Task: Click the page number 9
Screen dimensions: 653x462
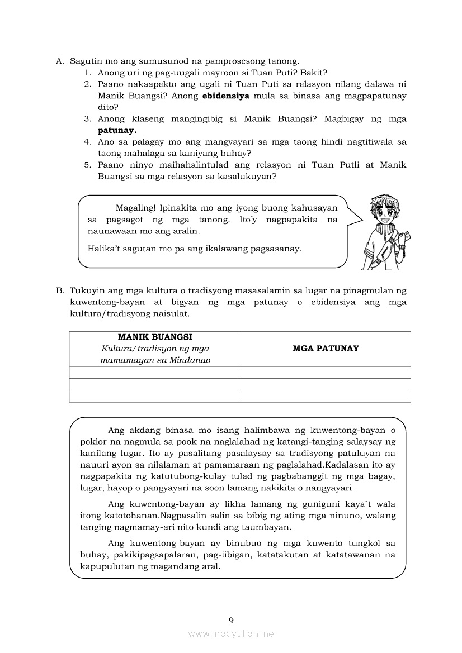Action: pyautogui.click(x=231, y=619)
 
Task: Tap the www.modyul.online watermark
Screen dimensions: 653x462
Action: pyautogui.click(x=231, y=633)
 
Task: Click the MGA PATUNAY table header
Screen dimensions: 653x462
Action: pyautogui.click(x=326, y=349)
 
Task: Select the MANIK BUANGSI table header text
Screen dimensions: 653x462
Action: pyautogui.click(x=155, y=337)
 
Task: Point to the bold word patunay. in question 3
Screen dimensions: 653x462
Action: pyautogui.click(x=117, y=130)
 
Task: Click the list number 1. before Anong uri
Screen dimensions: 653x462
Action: pyautogui.click(x=88, y=73)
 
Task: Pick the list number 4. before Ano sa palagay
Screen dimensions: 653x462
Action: pyautogui.click(x=88, y=142)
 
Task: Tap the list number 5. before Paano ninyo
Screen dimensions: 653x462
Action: pyautogui.click(x=88, y=165)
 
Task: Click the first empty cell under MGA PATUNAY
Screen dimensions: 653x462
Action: pyautogui.click(x=326, y=373)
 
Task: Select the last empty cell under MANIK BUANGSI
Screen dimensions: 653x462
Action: pyautogui.click(x=155, y=396)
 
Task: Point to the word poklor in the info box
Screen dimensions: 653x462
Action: pyautogui.click(x=93, y=442)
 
